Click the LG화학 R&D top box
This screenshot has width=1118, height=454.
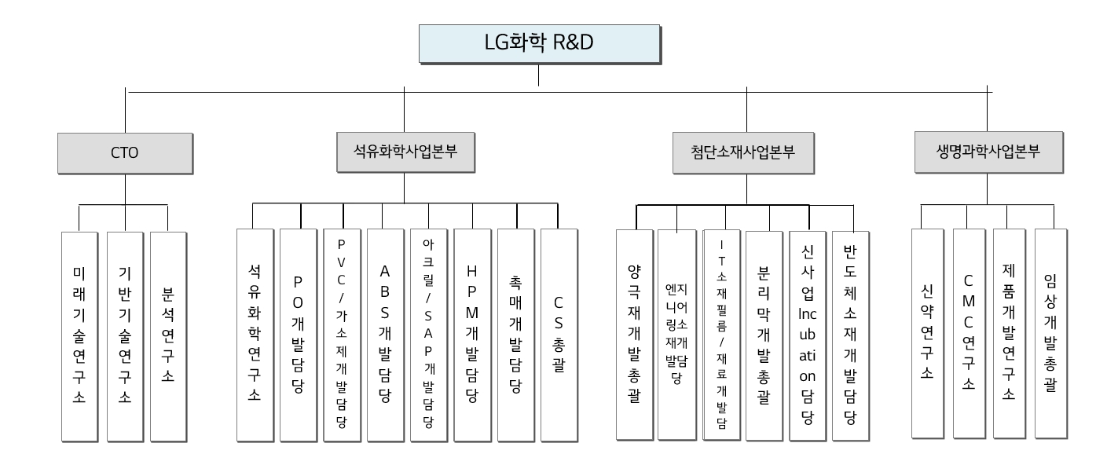(x=538, y=44)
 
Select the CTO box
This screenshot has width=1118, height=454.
(x=125, y=152)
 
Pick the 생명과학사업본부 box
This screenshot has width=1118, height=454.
(x=988, y=152)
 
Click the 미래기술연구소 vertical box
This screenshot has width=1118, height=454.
(x=79, y=334)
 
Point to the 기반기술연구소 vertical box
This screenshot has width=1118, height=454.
(x=124, y=334)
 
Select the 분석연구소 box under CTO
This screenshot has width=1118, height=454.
(x=167, y=334)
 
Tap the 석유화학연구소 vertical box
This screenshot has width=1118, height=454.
(x=254, y=334)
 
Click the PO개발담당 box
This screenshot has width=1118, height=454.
(x=298, y=334)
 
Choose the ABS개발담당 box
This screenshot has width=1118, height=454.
(x=385, y=334)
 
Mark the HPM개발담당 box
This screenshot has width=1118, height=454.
(x=472, y=334)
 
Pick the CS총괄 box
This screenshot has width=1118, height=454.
(x=559, y=334)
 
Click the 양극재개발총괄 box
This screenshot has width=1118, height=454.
(x=634, y=334)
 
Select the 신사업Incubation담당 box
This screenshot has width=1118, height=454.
(x=807, y=334)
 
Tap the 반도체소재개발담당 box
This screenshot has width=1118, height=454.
(x=849, y=334)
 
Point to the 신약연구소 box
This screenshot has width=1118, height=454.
(x=928, y=334)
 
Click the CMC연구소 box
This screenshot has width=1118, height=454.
(x=969, y=334)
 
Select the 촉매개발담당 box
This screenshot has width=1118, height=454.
(x=516, y=334)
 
